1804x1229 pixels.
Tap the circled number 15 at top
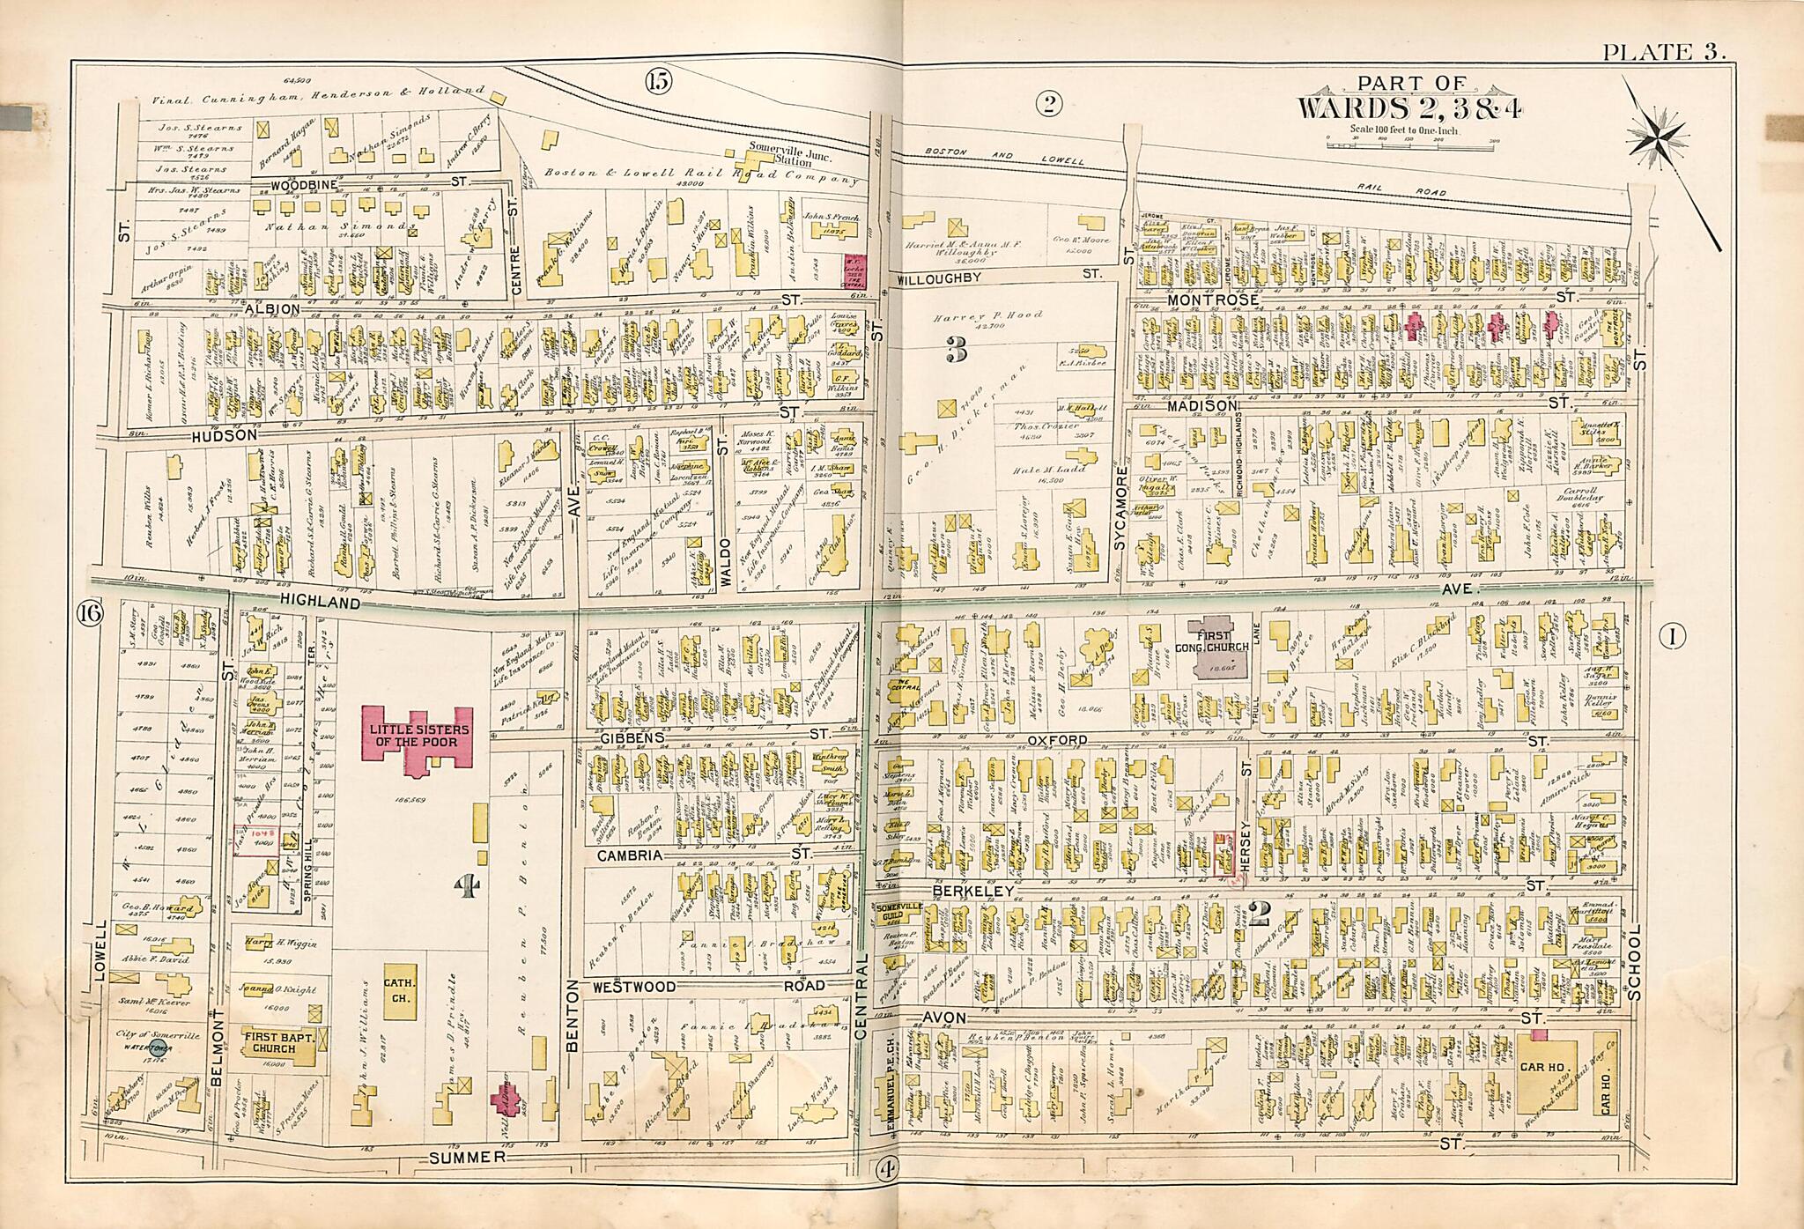tap(657, 82)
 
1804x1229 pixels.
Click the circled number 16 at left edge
tap(89, 610)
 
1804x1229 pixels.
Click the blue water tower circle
tap(159, 1048)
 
